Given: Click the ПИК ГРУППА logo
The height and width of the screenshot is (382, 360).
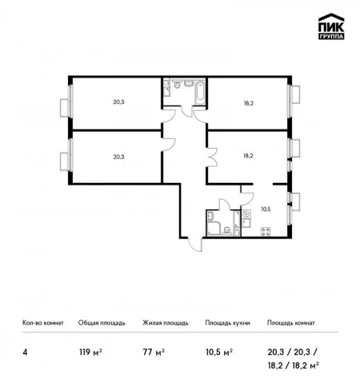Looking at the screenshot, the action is [331, 26].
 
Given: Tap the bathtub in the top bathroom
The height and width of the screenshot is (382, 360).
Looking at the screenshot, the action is [200, 92].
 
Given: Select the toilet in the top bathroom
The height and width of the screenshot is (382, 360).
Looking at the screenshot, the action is [177, 84].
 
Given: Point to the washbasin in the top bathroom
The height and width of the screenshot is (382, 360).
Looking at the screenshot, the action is [189, 83].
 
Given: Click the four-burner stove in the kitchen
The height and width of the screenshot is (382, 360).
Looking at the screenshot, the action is [266, 231].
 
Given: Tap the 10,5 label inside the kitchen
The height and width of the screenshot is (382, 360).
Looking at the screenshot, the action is [266, 209].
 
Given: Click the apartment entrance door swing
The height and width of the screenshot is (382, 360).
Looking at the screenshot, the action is [195, 245].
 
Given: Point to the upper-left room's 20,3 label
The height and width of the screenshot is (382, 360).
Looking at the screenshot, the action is [118, 102].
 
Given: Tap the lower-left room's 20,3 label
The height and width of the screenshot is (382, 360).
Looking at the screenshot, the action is [118, 157].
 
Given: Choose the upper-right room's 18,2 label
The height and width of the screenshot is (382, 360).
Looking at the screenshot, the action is [248, 103].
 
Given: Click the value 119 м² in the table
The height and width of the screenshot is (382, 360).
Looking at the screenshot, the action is [90, 352].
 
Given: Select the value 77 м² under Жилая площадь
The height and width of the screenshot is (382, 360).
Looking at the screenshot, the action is [154, 352].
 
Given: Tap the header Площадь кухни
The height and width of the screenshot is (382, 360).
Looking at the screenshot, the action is [227, 323].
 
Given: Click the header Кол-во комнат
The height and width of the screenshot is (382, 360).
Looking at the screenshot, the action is [43, 323].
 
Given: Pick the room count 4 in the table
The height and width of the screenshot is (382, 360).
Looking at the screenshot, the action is [25, 352].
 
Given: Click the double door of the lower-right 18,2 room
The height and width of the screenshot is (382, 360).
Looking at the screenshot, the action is [213, 157].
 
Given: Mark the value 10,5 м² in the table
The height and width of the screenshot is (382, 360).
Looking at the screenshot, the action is [219, 352].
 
